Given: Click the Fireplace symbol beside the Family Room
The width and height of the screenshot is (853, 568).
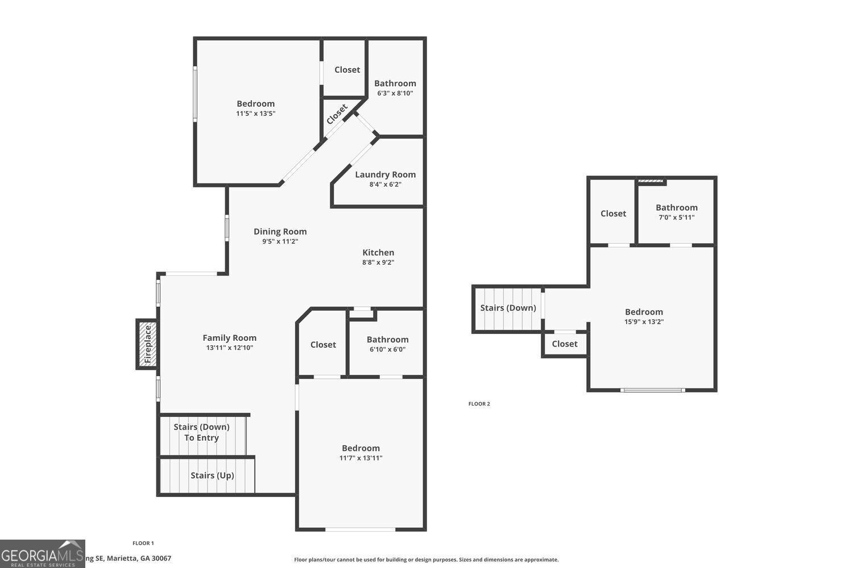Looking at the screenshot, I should click(147, 344).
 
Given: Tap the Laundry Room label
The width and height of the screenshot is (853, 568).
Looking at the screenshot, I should click(385, 174).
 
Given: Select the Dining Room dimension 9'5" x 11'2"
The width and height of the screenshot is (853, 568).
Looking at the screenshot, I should click(280, 241).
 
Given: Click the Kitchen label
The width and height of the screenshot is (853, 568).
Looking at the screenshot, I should click(378, 252).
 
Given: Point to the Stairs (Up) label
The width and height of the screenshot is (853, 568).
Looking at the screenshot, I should click(212, 475).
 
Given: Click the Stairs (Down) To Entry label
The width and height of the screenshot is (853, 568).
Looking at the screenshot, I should click(201, 432).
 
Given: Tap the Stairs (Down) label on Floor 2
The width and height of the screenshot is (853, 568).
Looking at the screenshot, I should click(508, 308).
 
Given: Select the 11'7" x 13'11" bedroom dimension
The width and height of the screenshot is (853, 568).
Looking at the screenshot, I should click(361, 458).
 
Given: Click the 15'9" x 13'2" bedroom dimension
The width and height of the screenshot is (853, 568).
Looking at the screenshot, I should click(644, 321).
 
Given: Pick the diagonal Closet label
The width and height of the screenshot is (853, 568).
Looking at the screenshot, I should click(337, 114).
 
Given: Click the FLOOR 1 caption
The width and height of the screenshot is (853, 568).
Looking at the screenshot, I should click(143, 544).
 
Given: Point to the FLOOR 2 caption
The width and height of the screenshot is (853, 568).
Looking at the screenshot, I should click(479, 404).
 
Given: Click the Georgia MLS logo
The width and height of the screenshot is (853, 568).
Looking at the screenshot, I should click(42, 554).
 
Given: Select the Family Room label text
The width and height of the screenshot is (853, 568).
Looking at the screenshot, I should click(229, 338).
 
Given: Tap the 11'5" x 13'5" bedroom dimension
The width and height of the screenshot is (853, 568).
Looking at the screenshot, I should click(255, 114).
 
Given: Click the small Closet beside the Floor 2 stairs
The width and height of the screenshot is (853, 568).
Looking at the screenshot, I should click(564, 344).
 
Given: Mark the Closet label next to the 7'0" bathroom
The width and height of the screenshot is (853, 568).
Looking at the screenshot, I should click(613, 214).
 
